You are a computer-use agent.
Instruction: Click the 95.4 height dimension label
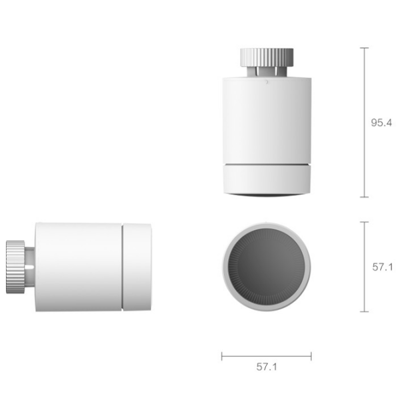(381, 122)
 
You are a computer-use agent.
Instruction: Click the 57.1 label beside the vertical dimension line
(382, 267)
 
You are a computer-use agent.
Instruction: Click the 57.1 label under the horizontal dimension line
(267, 366)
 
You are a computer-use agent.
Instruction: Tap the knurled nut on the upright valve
(267, 57)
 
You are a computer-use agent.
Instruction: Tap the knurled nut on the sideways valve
(15, 267)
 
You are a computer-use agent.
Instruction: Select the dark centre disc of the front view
(267, 267)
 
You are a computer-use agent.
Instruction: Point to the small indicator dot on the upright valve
(266, 82)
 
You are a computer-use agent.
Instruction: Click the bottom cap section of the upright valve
(267, 180)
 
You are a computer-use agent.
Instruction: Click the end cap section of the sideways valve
(137, 267)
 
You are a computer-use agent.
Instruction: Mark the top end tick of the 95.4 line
(364, 48)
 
